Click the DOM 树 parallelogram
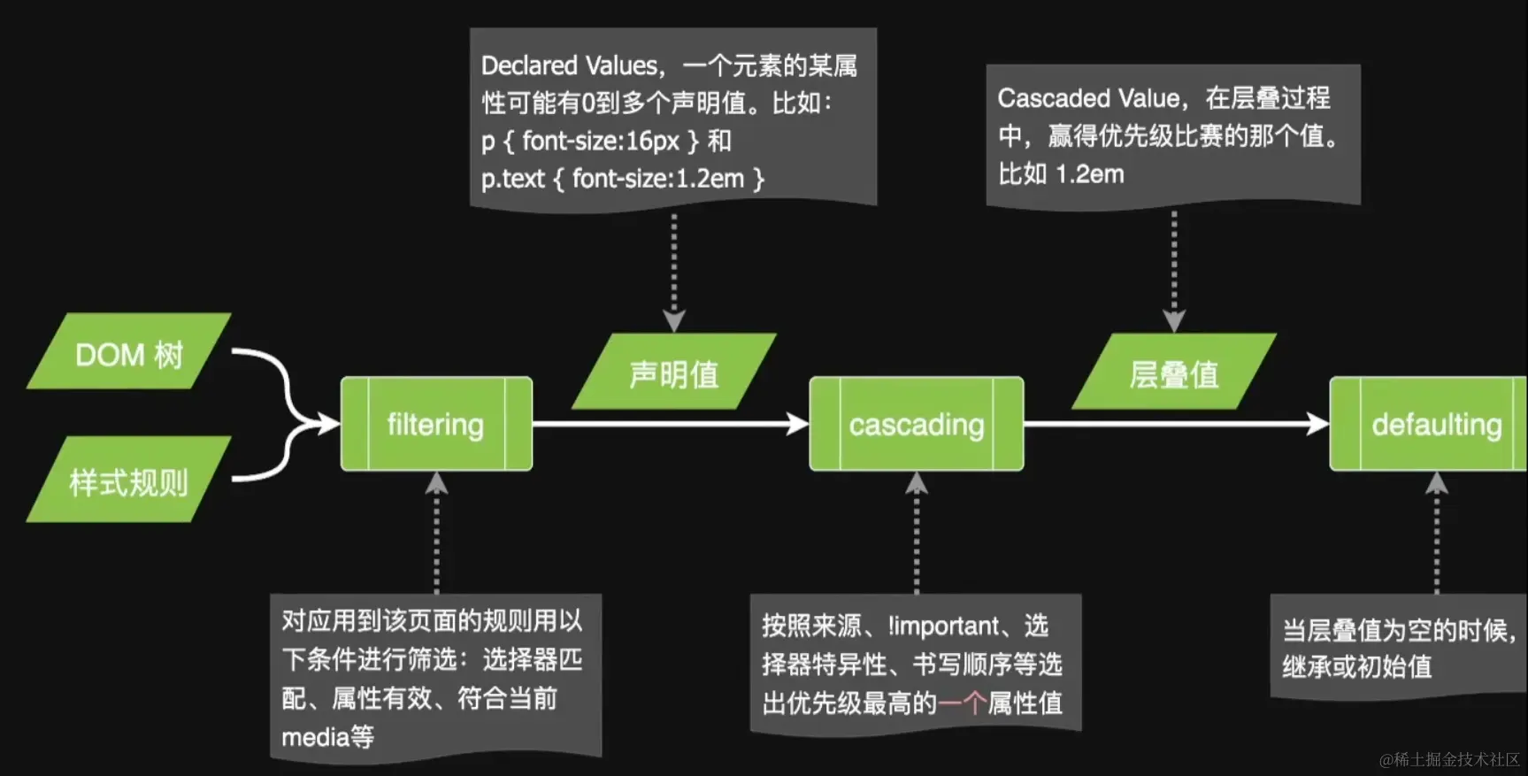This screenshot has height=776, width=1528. click(x=129, y=353)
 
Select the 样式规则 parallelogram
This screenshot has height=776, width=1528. click(x=129, y=481)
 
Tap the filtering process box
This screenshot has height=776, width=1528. click(x=436, y=424)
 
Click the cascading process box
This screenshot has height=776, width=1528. click(x=917, y=424)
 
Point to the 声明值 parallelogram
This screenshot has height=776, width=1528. click(x=674, y=373)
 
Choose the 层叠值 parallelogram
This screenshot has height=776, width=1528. click(x=1174, y=373)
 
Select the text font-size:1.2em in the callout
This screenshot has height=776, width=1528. click(x=657, y=179)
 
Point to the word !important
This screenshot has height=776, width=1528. click(x=943, y=626)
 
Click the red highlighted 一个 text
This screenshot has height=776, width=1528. click(x=962, y=703)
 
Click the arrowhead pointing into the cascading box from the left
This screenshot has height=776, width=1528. click(x=798, y=424)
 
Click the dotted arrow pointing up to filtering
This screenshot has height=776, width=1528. click(x=436, y=531)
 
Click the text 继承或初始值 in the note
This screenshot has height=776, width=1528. click(x=1356, y=666)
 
